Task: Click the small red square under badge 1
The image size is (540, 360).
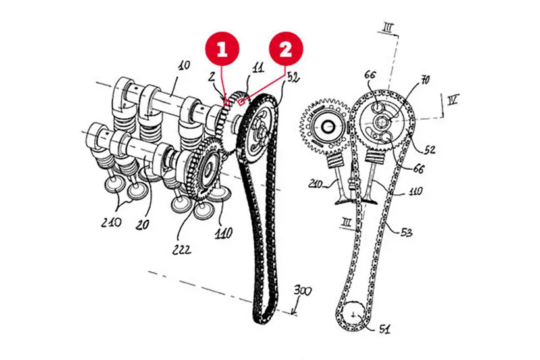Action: [x=227, y=101]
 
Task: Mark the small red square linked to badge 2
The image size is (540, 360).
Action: [x=242, y=102]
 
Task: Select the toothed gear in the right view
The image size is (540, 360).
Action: [x=325, y=124]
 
